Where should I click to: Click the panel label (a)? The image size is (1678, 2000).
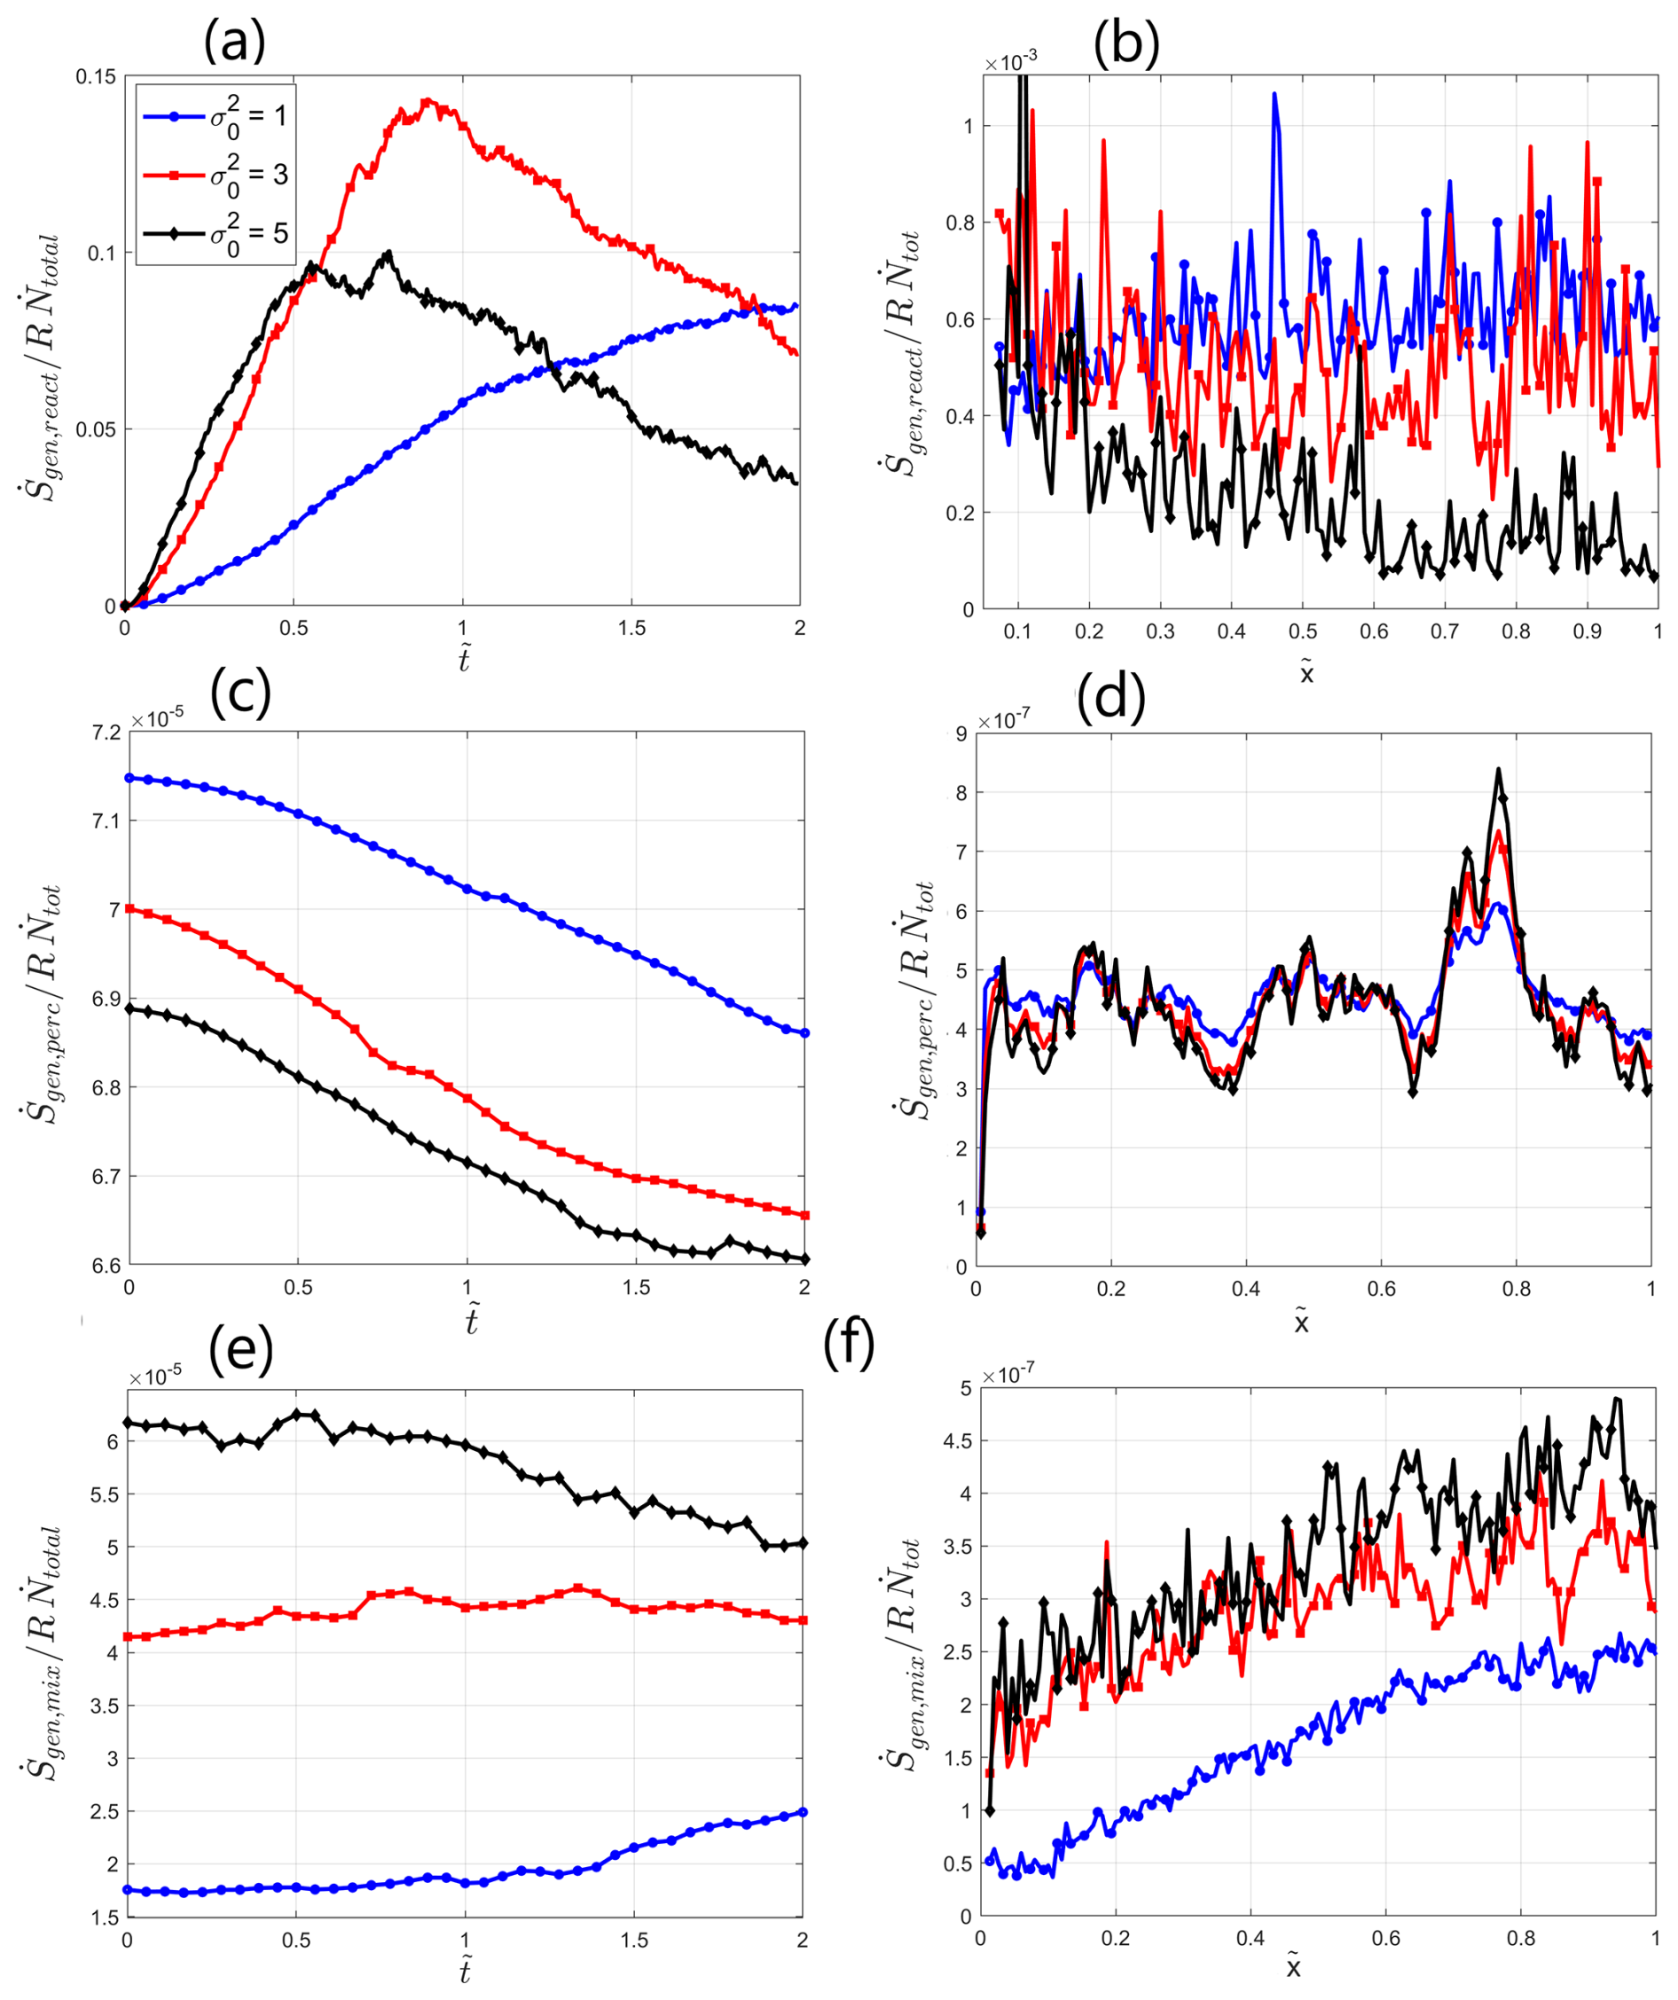pos(234,43)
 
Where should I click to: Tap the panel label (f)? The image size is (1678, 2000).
pos(848,1345)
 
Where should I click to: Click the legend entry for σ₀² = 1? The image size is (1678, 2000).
pos(216,116)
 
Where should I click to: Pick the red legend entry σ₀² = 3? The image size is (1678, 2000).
pos(216,176)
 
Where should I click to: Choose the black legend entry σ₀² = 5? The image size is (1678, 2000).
pos(216,233)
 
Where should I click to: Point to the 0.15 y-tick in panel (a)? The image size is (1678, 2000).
pos(96,76)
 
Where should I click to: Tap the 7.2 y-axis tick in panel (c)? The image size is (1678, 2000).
pos(106,732)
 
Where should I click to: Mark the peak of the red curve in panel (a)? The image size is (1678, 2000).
pos(427,100)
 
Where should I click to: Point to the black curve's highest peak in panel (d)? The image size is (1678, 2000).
pos(1498,769)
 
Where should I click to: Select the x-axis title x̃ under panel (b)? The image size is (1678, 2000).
pos(1306,673)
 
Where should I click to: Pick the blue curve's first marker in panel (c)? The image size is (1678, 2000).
pos(129,778)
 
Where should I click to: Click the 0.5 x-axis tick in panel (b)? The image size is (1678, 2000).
pos(1303,631)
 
